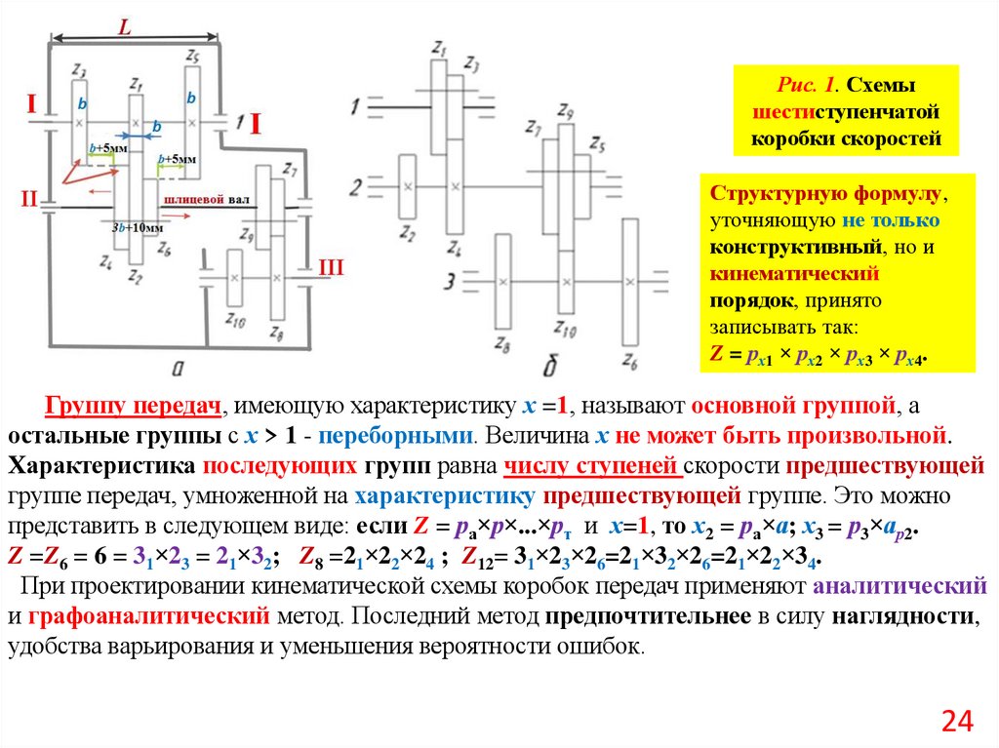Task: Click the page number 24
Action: (x=957, y=721)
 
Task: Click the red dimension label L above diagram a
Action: (x=125, y=28)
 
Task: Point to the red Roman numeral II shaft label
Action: (x=28, y=200)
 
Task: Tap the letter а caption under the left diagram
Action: (x=179, y=366)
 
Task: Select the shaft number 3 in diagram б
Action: (x=449, y=282)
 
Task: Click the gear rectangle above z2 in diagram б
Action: (x=408, y=184)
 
